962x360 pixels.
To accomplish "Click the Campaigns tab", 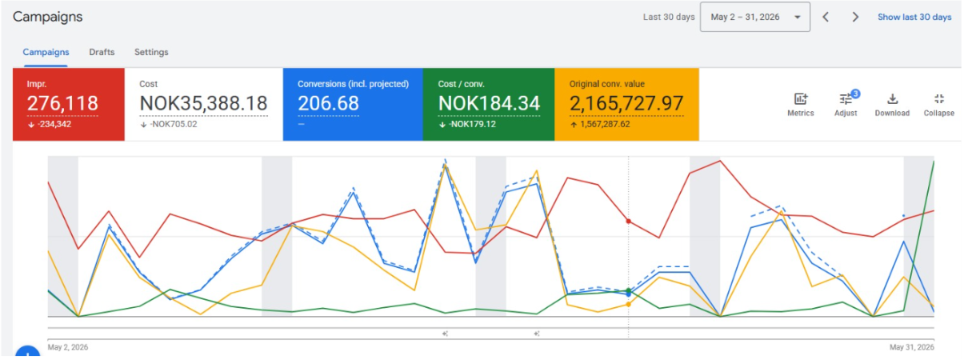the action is click(x=46, y=52).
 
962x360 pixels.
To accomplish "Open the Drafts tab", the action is click(x=102, y=52).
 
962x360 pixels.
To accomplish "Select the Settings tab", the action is click(x=152, y=52).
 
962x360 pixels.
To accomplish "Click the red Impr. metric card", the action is click(x=69, y=105).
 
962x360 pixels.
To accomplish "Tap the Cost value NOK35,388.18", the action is click(x=204, y=104).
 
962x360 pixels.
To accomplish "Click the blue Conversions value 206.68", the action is click(x=328, y=104).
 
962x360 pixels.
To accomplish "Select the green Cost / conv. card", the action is click(x=488, y=105).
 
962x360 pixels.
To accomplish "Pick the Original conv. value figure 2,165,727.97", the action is click(x=626, y=104).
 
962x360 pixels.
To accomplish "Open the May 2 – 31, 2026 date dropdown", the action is click(x=755, y=17).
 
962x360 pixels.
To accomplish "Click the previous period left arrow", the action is click(x=826, y=17).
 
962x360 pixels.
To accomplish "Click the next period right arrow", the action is click(x=855, y=17).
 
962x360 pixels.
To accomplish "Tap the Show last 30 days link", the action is click(x=914, y=17).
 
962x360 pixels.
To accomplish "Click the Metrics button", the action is click(x=801, y=105).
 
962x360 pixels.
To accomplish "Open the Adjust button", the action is click(x=846, y=105).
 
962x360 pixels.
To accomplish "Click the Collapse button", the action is click(x=939, y=105).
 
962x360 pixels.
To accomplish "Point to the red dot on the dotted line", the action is click(x=628, y=221).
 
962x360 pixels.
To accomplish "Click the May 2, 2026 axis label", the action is click(x=67, y=347).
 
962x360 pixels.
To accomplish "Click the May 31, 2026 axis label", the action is click(x=912, y=347).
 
